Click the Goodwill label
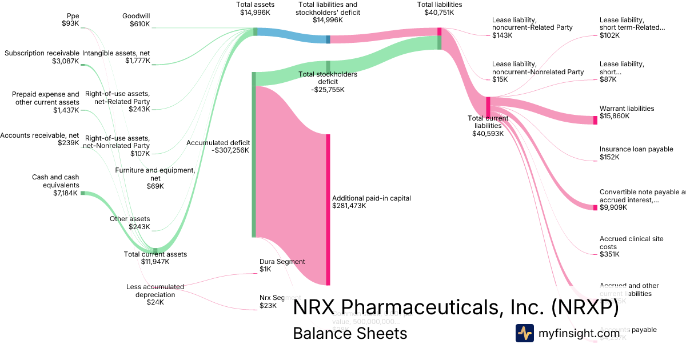pyautogui.click(x=136, y=16)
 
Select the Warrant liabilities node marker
pyautogui.click(x=595, y=120)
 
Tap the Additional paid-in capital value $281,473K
pyautogui.click(x=349, y=206)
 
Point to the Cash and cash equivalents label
pyautogui.click(x=55, y=181)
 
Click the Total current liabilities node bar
pyautogui.click(x=488, y=107)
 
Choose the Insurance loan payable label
pyautogui.click(x=636, y=149)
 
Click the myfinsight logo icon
pyautogui.click(x=525, y=333)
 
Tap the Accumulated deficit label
pyautogui.click(x=218, y=143)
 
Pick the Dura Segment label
pyautogui.click(x=282, y=262)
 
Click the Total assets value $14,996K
pyautogui.click(x=256, y=13)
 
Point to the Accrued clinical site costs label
pyautogui.click(x=632, y=243)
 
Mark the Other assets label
pyautogui.click(x=130, y=219)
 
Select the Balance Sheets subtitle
pyautogui.click(x=350, y=334)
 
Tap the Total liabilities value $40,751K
pyautogui.click(x=440, y=13)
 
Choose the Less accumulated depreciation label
pyautogui.click(x=155, y=291)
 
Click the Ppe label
pyautogui.click(x=73, y=15)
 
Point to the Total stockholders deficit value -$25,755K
pyautogui.click(x=328, y=90)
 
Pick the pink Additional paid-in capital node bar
pyautogui.click(x=328, y=209)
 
